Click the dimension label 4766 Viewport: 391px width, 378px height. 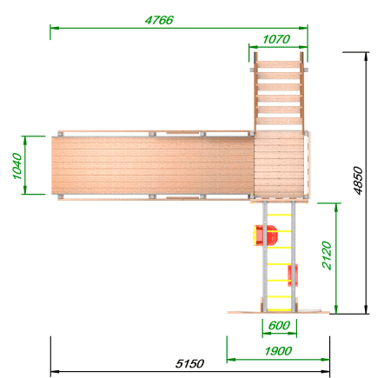(x=159, y=20)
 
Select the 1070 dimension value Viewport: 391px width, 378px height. (x=276, y=39)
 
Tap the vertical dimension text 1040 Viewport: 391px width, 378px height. (x=17, y=166)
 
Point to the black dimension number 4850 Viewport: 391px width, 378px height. (x=358, y=181)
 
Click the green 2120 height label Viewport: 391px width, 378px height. (x=327, y=255)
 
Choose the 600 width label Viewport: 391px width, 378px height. (x=279, y=326)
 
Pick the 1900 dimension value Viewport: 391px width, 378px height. (x=278, y=351)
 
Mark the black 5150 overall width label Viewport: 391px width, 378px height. (x=189, y=363)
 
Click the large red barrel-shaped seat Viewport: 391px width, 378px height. (x=265, y=235)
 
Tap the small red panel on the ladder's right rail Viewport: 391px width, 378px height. (x=293, y=275)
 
